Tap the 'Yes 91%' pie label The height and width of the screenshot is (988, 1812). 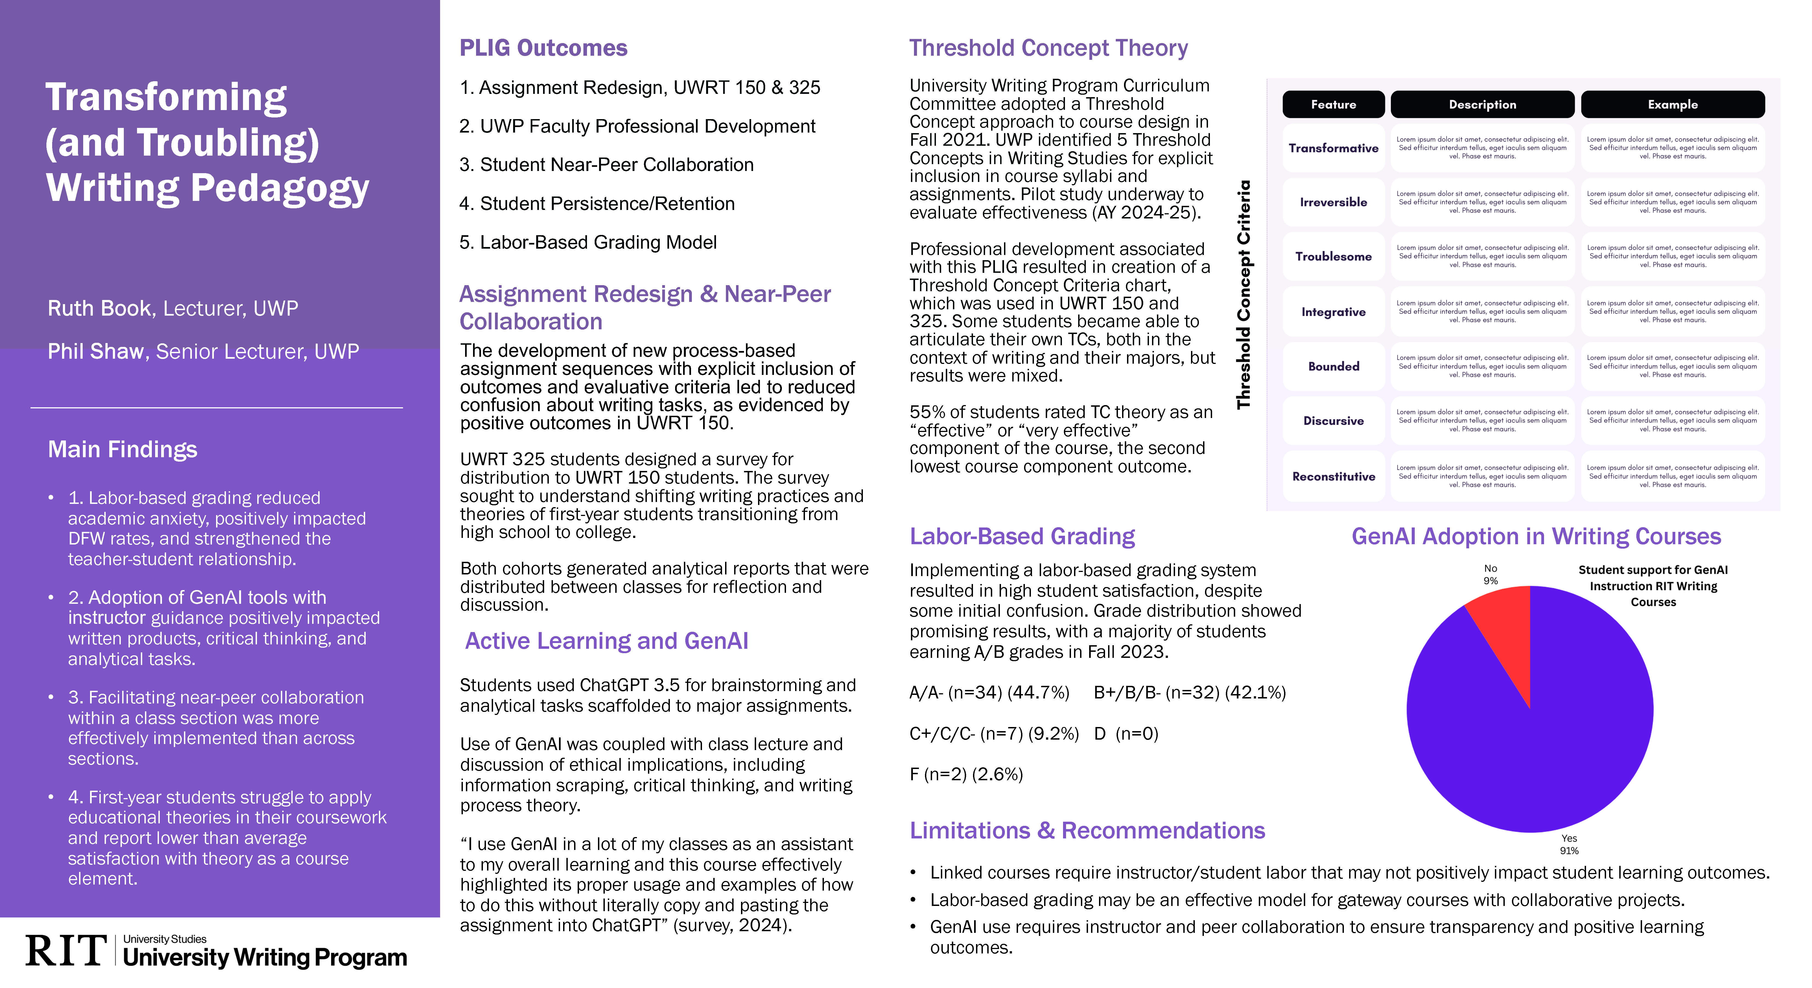(x=1569, y=844)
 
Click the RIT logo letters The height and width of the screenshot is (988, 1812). (x=65, y=951)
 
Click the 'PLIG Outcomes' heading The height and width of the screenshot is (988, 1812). (x=543, y=48)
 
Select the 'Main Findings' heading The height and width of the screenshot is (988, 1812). (x=122, y=449)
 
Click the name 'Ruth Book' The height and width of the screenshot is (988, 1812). (x=99, y=308)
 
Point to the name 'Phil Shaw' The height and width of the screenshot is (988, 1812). (x=96, y=351)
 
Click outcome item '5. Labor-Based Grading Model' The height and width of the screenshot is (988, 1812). (x=588, y=243)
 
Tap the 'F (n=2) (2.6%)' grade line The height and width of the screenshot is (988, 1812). (x=966, y=774)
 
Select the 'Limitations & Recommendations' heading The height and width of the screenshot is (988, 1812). (x=1087, y=830)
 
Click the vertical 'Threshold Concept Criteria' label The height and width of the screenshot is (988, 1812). (x=1244, y=294)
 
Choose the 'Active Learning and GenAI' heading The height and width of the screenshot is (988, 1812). (x=606, y=641)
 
